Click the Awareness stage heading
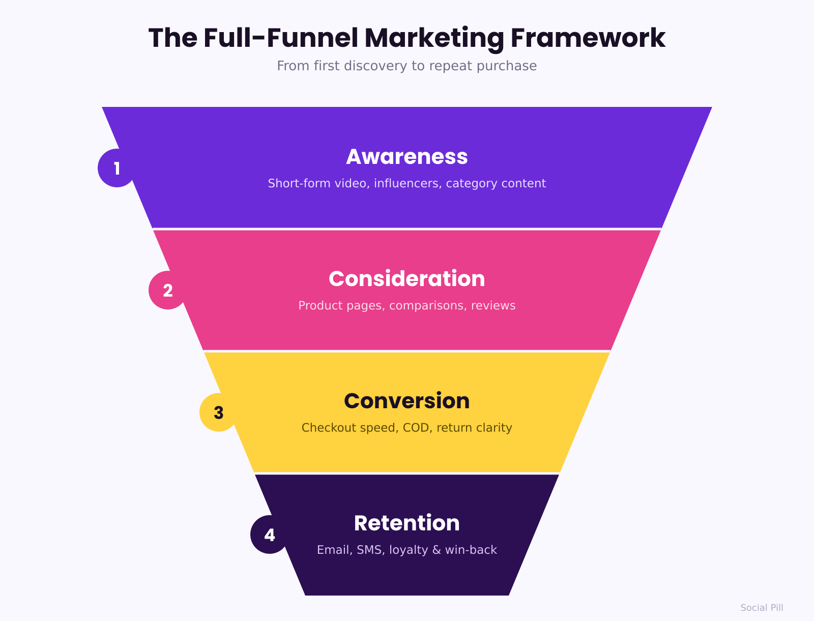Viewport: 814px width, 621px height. click(407, 157)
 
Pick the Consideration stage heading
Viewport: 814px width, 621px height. click(407, 278)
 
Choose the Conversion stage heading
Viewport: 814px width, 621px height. click(407, 401)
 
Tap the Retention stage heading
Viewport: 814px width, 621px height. click(407, 523)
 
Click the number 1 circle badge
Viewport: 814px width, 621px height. click(117, 168)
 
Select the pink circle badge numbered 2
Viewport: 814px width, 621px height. click(167, 290)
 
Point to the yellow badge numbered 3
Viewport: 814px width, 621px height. click(218, 412)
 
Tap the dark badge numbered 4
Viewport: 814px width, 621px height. click(269, 534)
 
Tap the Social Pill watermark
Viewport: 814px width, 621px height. click(762, 608)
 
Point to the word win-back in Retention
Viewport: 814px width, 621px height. click(471, 550)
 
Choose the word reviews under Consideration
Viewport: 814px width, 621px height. click(493, 306)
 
